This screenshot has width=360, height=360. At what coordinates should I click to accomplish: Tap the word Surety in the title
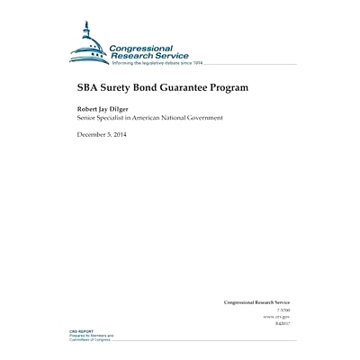[x=117, y=90]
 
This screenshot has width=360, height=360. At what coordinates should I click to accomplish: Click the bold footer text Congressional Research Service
[x=256, y=302]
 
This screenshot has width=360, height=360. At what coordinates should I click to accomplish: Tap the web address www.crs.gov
[x=275, y=318]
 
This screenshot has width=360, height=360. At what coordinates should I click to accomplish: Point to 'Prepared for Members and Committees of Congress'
[x=91, y=337]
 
